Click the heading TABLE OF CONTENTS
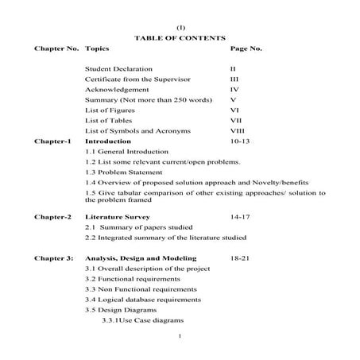pyautogui.click(x=180, y=37)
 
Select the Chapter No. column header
pyautogui.click(x=56, y=48)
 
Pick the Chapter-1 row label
pyautogui.click(x=52, y=140)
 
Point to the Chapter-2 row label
pyautogui.click(x=52, y=215)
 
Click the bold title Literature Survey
pyautogui.click(x=117, y=215)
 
